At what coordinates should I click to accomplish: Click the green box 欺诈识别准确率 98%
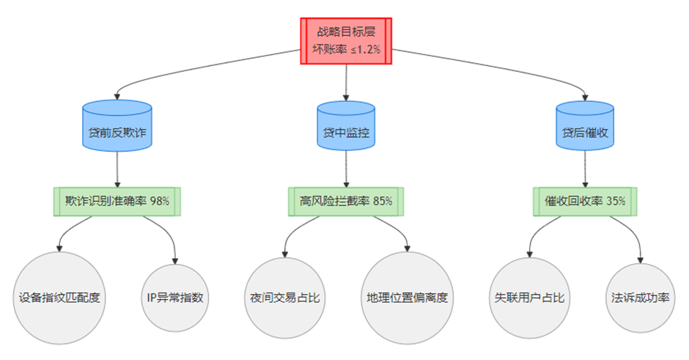(x=117, y=200)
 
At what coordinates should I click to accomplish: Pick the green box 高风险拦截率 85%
(x=346, y=200)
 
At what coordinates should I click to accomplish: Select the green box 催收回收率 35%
(x=584, y=200)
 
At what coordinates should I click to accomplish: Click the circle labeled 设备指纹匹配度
(x=59, y=298)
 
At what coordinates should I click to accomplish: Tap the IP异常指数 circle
(x=175, y=298)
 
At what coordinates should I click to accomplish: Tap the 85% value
(x=382, y=200)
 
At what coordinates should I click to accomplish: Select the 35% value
(x=616, y=200)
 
